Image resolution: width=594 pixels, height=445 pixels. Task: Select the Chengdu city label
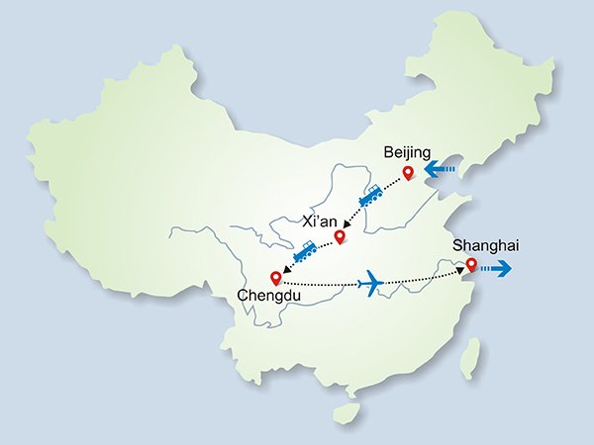tap(267, 295)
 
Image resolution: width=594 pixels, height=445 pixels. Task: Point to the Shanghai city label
tap(485, 245)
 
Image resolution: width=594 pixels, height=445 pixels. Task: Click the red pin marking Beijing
tap(408, 175)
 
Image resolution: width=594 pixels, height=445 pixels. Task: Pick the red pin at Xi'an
tap(341, 236)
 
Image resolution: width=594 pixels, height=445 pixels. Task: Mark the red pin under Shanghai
tap(471, 265)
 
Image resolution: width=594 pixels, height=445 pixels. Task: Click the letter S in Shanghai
tap(456, 245)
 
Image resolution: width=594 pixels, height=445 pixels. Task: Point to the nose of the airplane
tap(382, 284)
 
